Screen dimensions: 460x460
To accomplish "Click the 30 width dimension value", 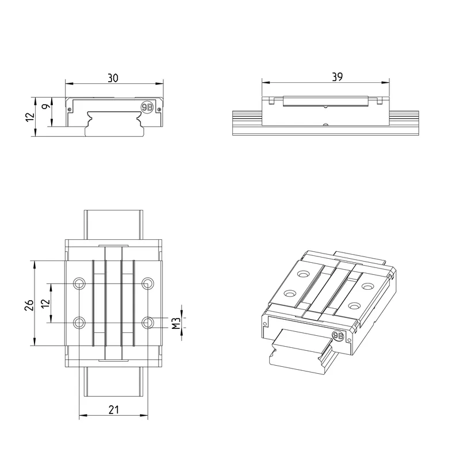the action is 113,78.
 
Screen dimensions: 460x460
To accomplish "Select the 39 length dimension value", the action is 338,77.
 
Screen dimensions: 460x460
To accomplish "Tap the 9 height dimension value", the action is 47,106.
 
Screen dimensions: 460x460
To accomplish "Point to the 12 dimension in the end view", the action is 30,117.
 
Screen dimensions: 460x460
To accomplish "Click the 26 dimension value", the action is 29,305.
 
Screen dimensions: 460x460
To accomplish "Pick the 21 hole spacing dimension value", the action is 114,410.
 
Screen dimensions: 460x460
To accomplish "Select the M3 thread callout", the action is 176,323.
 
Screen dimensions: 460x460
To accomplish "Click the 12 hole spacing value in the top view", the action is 45,304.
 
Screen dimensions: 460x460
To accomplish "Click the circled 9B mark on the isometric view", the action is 338,336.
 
